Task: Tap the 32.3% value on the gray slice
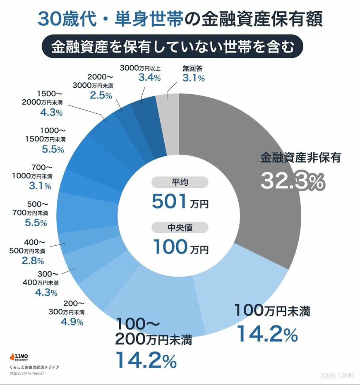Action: pyautogui.click(x=292, y=182)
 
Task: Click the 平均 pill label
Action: pyautogui.click(x=180, y=182)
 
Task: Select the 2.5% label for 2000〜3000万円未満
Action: pyautogui.click(x=100, y=95)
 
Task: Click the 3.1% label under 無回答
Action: pyautogui.click(x=193, y=78)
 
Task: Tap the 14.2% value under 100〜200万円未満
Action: pyautogui.click(x=146, y=360)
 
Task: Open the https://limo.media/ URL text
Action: pyautogui.click(x=26, y=373)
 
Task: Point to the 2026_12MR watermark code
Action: pyautogui.click(x=338, y=375)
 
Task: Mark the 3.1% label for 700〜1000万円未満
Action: pyautogui.click(x=40, y=186)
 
